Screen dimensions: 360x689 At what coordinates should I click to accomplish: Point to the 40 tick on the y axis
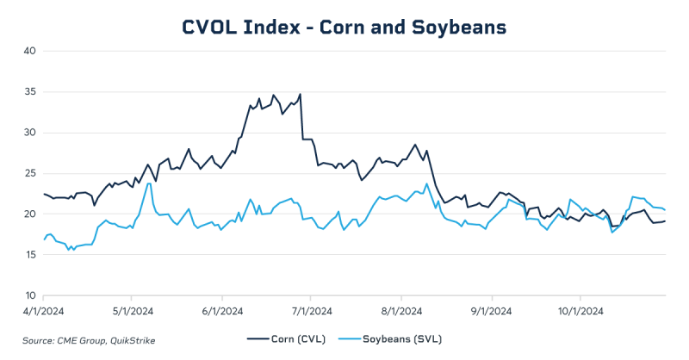(x=28, y=51)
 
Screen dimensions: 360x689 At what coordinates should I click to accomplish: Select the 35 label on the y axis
(x=28, y=91)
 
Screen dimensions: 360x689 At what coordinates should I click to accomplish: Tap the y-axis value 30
(x=28, y=133)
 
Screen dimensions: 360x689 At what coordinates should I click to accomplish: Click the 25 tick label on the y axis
(x=28, y=173)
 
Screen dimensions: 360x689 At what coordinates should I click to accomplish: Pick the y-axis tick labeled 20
(x=28, y=214)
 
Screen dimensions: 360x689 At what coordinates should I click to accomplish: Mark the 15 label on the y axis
(x=28, y=255)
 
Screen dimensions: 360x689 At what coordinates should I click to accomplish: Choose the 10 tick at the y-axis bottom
(x=28, y=295)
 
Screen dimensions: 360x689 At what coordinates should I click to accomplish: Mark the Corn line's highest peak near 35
(x=300, y=94)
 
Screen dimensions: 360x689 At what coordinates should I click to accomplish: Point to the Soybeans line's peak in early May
(x=149, y=183)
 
